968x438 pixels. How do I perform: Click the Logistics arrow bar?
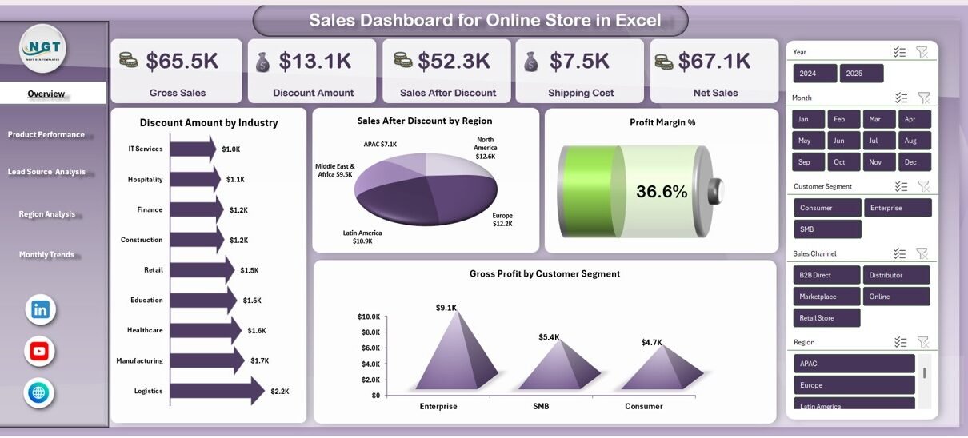click(x=216, y=391)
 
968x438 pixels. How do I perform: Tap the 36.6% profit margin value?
click(x=662, y=192)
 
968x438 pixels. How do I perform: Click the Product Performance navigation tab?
click(x=46, y=134)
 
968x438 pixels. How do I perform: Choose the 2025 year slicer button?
click(x=862, y=74)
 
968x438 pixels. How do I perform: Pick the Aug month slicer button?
click(x=910, y=141)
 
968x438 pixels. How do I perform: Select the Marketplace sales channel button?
click(x=826, y=297)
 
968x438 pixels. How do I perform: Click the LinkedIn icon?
click(x=40, y=309)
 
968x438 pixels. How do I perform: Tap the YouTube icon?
click(x=39, y=351)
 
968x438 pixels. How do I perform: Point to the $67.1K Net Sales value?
click(x=714, y=61)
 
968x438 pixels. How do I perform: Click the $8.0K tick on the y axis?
click(x=370, y=332)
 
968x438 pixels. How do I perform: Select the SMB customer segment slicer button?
click(x=826, y=229)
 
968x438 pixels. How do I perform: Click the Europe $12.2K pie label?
click(x=502, y=220)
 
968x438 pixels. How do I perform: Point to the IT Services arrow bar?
click(x=193, y=149)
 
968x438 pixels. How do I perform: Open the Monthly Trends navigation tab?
click(x=46, y=255)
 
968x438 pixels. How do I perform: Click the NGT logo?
click(x=42, y=48)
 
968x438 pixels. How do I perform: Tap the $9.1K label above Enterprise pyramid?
click(x=446, y=308)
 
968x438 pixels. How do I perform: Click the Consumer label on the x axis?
click(x=644, y=406)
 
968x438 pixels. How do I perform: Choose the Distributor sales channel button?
click(x=896, y=275)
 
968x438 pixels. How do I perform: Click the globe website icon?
click(x=39, y=392)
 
